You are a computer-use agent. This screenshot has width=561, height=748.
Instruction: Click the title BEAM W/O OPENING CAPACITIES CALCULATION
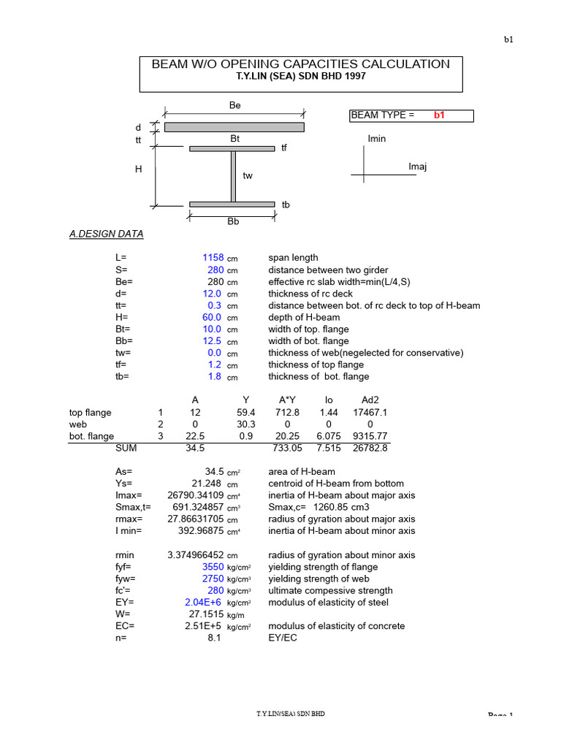(x=300, y=64)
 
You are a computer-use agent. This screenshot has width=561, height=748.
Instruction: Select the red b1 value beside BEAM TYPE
(x=439, y=115)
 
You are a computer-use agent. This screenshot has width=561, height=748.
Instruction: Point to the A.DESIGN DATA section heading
(x=106, y=234)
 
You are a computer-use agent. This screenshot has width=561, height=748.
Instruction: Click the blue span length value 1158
(x=213, y=258)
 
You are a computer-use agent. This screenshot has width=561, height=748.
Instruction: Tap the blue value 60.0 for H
(x=212, y=317)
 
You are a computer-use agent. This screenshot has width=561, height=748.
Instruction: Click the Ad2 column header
(x=370, y=400)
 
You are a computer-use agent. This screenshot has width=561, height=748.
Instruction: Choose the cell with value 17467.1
(x=370, y=413)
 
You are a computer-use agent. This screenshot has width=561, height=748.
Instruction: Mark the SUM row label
(x=126, y=448)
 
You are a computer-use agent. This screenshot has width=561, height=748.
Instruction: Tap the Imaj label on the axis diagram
(x=417, y=167)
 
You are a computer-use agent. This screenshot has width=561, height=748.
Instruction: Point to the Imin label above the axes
(x=377, y=139)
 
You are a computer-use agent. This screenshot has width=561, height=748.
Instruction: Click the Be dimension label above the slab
(x=234, y=106)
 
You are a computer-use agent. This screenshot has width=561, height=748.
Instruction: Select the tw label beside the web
(x=248, y=176)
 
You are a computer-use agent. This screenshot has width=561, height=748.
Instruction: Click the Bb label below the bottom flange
(x=233, y=221)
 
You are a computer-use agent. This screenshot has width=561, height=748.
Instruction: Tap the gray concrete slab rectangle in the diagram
(x=233, y=127)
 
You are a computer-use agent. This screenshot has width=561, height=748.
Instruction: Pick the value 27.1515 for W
(x=205, y=614)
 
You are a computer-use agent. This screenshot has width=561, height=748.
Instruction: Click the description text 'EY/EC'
(x=283, y=638)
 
